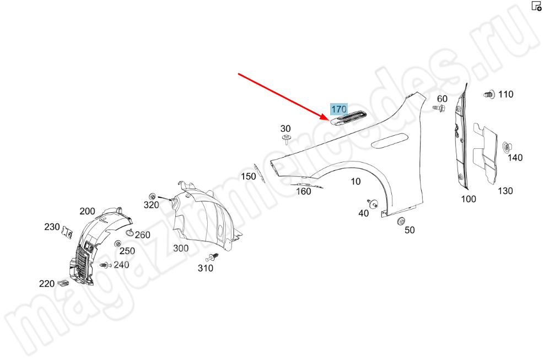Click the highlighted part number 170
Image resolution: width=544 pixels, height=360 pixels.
click(338, 109)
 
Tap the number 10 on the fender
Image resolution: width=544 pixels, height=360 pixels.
click(356, 181)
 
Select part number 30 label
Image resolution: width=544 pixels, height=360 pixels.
click(286, 128)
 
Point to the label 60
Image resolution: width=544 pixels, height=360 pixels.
click(442, 99)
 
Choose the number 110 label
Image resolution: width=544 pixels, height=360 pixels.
click(505, 94)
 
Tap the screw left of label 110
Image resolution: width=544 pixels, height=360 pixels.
click(488, 94)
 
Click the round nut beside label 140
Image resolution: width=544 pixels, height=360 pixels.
click(506, 147)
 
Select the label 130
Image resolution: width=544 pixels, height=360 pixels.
click(505, 191)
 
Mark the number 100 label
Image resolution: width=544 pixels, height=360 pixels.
click(468, 199)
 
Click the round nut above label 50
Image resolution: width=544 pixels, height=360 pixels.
click(401, 221)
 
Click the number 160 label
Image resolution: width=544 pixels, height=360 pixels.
click(304, 191)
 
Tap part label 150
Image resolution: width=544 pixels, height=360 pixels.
click(248, 176)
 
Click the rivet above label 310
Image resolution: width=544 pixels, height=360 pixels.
click(213, 258)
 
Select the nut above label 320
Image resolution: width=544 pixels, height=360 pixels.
click(152, 196)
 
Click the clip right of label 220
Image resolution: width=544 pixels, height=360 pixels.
click(62, 284)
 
